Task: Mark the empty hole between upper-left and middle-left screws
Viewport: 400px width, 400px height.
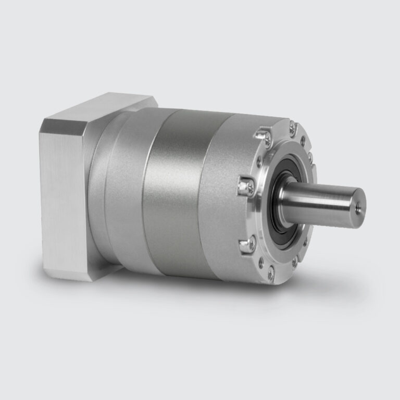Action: [x=249, y=159]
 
